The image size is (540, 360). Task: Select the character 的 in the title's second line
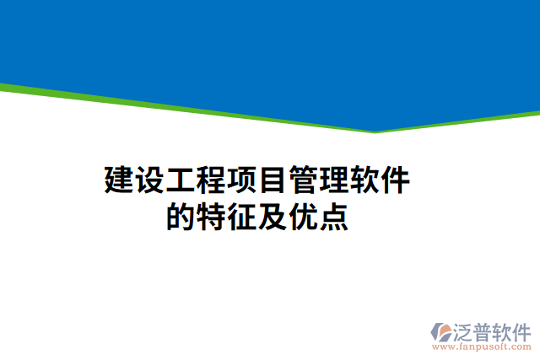click(181, 218)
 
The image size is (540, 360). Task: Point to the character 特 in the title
click(211, 218)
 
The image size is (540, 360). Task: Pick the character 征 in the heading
click(242, 218)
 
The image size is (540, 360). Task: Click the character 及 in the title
click(273, 218)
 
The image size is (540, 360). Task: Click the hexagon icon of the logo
click(441, 331)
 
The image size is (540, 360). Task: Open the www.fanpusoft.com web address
click(482, 346)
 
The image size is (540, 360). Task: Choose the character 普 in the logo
click(488, 330)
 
